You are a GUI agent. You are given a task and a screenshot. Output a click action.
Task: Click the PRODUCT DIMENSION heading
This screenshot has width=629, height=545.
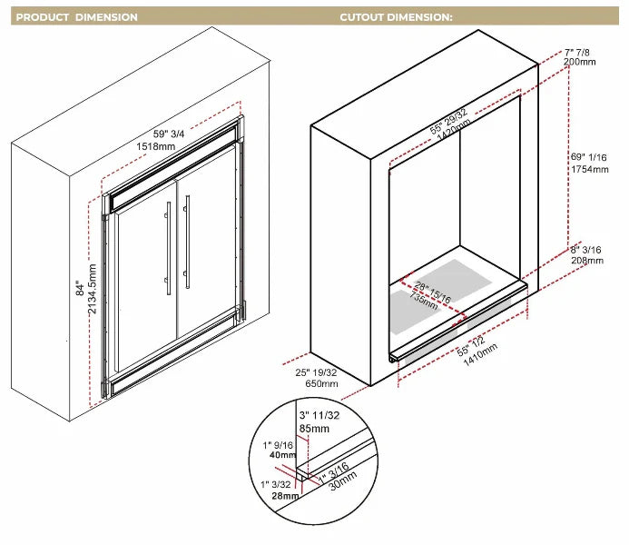coord(77,17)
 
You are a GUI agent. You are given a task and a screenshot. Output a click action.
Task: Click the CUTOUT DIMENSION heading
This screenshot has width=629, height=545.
coord(396,17)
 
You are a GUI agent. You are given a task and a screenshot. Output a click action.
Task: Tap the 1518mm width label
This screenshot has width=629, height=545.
coord(155,146)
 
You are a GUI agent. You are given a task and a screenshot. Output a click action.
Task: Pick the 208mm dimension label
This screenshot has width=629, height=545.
coord(587,261)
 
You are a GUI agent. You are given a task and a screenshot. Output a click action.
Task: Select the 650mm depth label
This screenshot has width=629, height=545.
coord(320,384)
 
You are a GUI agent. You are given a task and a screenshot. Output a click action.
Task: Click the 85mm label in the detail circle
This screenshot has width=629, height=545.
coord(313,430)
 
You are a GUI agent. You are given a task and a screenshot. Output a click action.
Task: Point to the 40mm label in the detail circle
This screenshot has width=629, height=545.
coord(282,455)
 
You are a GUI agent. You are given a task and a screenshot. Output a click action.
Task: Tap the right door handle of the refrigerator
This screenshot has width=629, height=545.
coord(188,242)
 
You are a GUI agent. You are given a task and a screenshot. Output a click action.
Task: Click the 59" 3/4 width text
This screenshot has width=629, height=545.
coord(156,134)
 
